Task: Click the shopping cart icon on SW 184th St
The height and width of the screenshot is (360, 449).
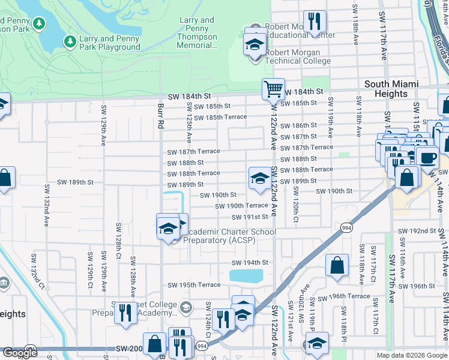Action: coord(273,89)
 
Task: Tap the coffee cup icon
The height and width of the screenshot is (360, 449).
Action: coord(427,158)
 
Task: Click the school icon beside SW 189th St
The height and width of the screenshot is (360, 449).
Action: coord(260,178)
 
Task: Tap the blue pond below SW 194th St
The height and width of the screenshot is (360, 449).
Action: coord(246,275)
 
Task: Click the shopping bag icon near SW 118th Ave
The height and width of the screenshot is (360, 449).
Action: coord(337,265)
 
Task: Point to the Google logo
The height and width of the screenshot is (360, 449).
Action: coord(20,353)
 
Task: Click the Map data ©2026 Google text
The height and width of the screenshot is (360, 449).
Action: coord(411,355)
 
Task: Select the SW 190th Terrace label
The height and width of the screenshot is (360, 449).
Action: coord(242,206)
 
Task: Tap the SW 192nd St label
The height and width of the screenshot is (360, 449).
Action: coord(417,231)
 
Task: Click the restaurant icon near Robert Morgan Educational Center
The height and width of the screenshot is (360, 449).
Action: coord(315,22)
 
